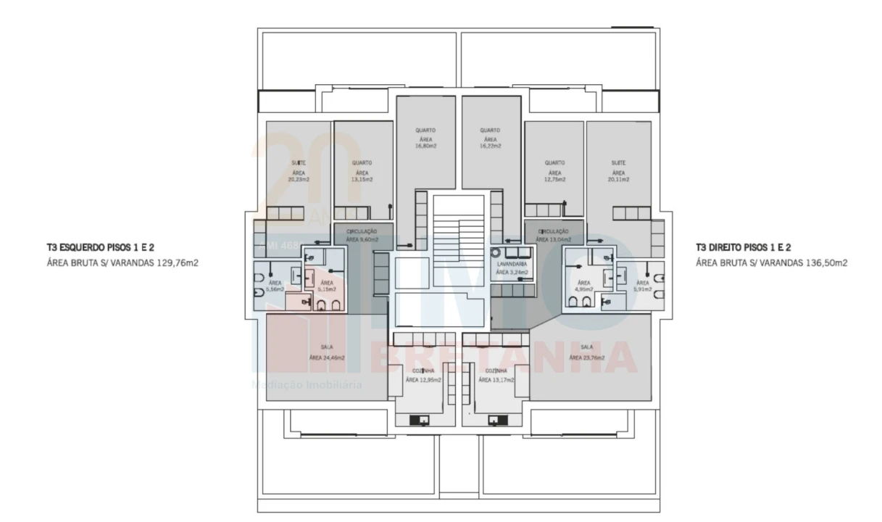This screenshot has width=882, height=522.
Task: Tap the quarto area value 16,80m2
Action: tap(425, 146)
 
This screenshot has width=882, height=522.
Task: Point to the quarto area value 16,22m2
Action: tap(490, 146)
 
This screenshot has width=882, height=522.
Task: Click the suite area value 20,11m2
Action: tap(617, 179)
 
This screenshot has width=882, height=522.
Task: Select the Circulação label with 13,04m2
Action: tap(554, 239)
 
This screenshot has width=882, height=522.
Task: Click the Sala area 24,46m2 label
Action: tap(326, 357)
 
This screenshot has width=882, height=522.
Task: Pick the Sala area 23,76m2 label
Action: tap(586, 357)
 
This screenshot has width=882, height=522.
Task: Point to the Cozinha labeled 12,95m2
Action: tap(423, 379)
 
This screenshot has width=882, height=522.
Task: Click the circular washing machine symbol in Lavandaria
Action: tap(496, 254)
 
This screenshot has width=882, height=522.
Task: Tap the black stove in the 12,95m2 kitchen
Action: tap(419, 419)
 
